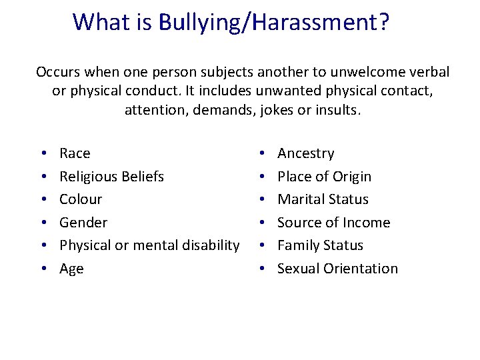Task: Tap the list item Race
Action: click(x=75, y=153)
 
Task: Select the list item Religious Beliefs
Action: click(x=111, y=177)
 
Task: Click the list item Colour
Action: click(x=81, y=199)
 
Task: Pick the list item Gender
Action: click(x=83, y=223)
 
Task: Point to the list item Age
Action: click(x=71, y=269)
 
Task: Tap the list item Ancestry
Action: click(x=305, y=153)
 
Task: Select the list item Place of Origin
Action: click(x=324, y=177)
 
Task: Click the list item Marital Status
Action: click(x=323, y=199)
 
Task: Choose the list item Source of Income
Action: click(x=333, y=223)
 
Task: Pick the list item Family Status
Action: click(x=320, y=245)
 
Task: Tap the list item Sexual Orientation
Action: click(x=337, y=269)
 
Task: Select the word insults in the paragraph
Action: click(x=338, y=109)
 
